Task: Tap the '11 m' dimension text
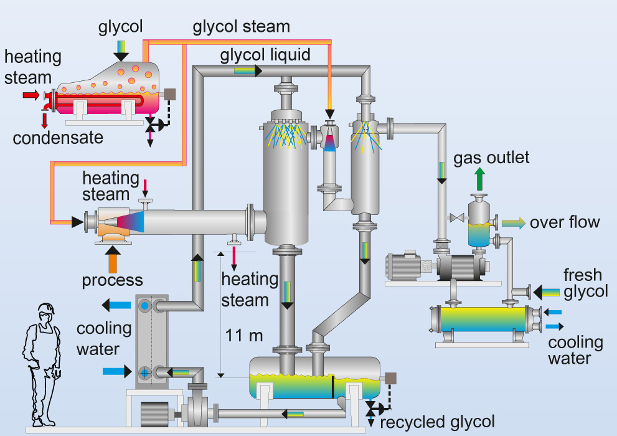(x=245, y=336)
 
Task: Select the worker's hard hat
(x=44, y=310)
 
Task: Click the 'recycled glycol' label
(x=437, y=422)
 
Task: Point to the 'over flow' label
(x=565, y=222)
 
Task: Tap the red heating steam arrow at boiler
(x=31, y=95)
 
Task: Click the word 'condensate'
(x=58, y=137)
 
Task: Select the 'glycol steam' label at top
(x=241, y=27)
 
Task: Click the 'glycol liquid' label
(x=265, y=55)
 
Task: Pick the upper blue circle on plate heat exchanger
(x=144, y=306)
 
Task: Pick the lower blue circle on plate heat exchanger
(x=144, y=372)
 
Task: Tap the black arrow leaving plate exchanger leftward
(x=114, y=305)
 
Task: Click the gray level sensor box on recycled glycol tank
(x=392, y=378)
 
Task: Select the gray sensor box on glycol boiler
(x=169, y=95)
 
